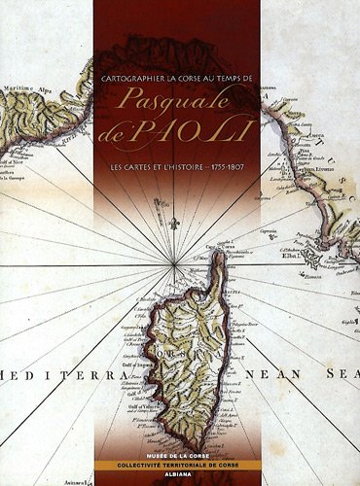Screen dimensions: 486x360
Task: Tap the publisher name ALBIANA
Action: (179, 478)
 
